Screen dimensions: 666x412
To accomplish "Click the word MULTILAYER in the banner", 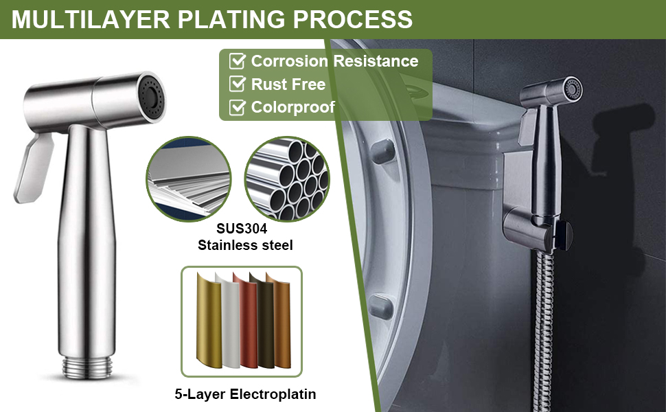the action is coord(91,19).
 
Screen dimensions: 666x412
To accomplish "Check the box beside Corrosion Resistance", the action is coord(237,60).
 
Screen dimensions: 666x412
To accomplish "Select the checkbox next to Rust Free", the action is coord(237,84).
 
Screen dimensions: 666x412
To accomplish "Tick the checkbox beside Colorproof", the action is coord(237,107).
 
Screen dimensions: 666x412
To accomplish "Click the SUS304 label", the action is coord(242,229).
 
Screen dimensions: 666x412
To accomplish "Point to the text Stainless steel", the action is coord(245,245).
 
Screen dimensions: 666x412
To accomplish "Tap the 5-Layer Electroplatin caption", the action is coord(245,394).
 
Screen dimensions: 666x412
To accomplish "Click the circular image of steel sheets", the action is coord(189,179).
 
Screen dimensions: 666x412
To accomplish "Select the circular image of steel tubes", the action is coord(287,179).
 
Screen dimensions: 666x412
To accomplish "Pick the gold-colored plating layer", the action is coord(209,321).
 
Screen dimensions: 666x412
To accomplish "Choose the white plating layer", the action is coord(229,321).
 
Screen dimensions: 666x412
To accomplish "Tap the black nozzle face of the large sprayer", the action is coord(151,98).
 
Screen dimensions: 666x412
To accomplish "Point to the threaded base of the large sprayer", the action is coord(87,367).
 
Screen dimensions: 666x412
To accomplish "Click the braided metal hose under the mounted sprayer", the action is coord(544,331).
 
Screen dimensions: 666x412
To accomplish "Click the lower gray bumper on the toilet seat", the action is coord(380,307).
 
